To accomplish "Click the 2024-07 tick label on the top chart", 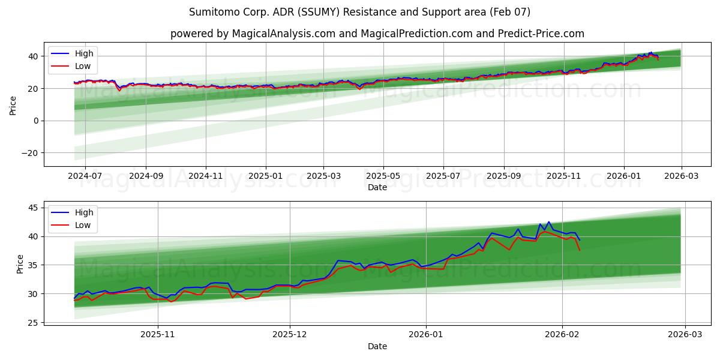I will coord(85,176).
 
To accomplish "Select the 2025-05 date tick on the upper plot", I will coord(383,176).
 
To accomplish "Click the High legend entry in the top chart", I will coord(83,53).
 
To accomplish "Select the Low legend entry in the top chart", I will coord(83,66).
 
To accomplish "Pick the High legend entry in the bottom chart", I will coord(83,212).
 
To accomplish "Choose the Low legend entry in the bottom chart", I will coord(83,225).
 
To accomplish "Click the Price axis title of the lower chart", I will coord(20,264).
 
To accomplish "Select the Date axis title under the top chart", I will coord(377,187).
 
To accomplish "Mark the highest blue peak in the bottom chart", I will coord(548,221).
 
